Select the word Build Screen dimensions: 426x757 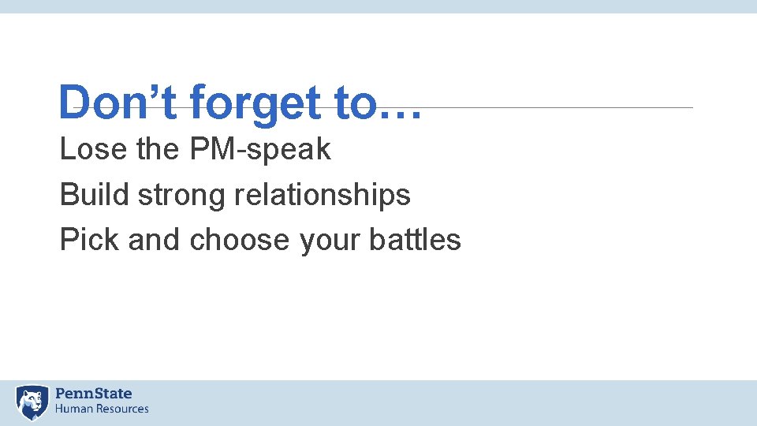tap(95, 195)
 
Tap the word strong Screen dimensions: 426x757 tap(182, 196)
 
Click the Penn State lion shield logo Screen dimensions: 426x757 tap(32, 402)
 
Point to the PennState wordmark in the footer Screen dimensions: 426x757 tap(94, 394)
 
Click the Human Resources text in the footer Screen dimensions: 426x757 tap(102, 409)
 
